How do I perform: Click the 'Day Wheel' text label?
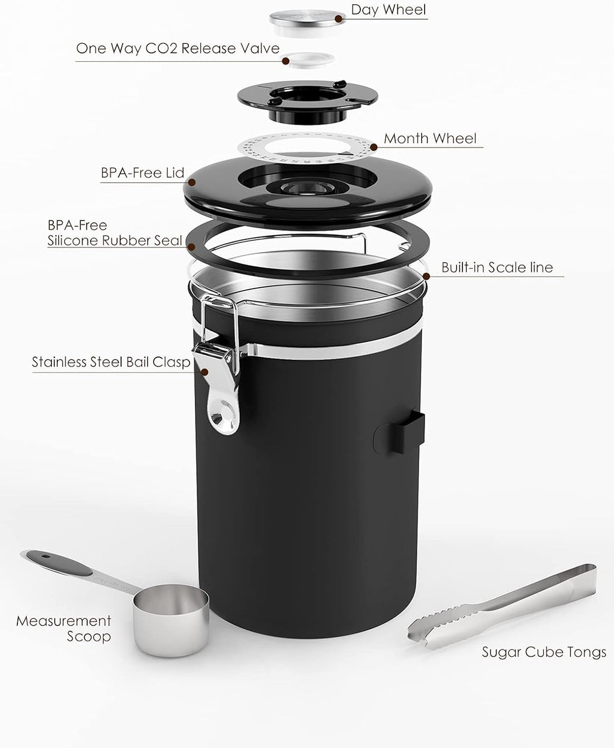[x=388, y=10]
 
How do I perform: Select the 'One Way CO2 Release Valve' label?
[x=177, y=48]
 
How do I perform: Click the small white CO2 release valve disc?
[x=308, y=59]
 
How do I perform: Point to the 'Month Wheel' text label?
[x=430, y=138]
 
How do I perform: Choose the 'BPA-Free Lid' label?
[x=142, y=173]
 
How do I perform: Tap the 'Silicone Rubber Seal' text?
[x=115, y=241]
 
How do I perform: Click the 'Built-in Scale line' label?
[x=497, y=268]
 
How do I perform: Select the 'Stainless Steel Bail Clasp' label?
[x=111, y=362]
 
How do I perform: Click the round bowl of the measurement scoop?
[x=171, y=618]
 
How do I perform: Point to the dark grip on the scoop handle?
[x=60, y=561]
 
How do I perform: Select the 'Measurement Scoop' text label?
[x=64, y=628]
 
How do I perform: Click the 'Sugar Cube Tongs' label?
[x=544, y=652]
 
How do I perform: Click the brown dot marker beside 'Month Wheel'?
[x=373, y=146]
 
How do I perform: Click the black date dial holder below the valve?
[x=306, y=96]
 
